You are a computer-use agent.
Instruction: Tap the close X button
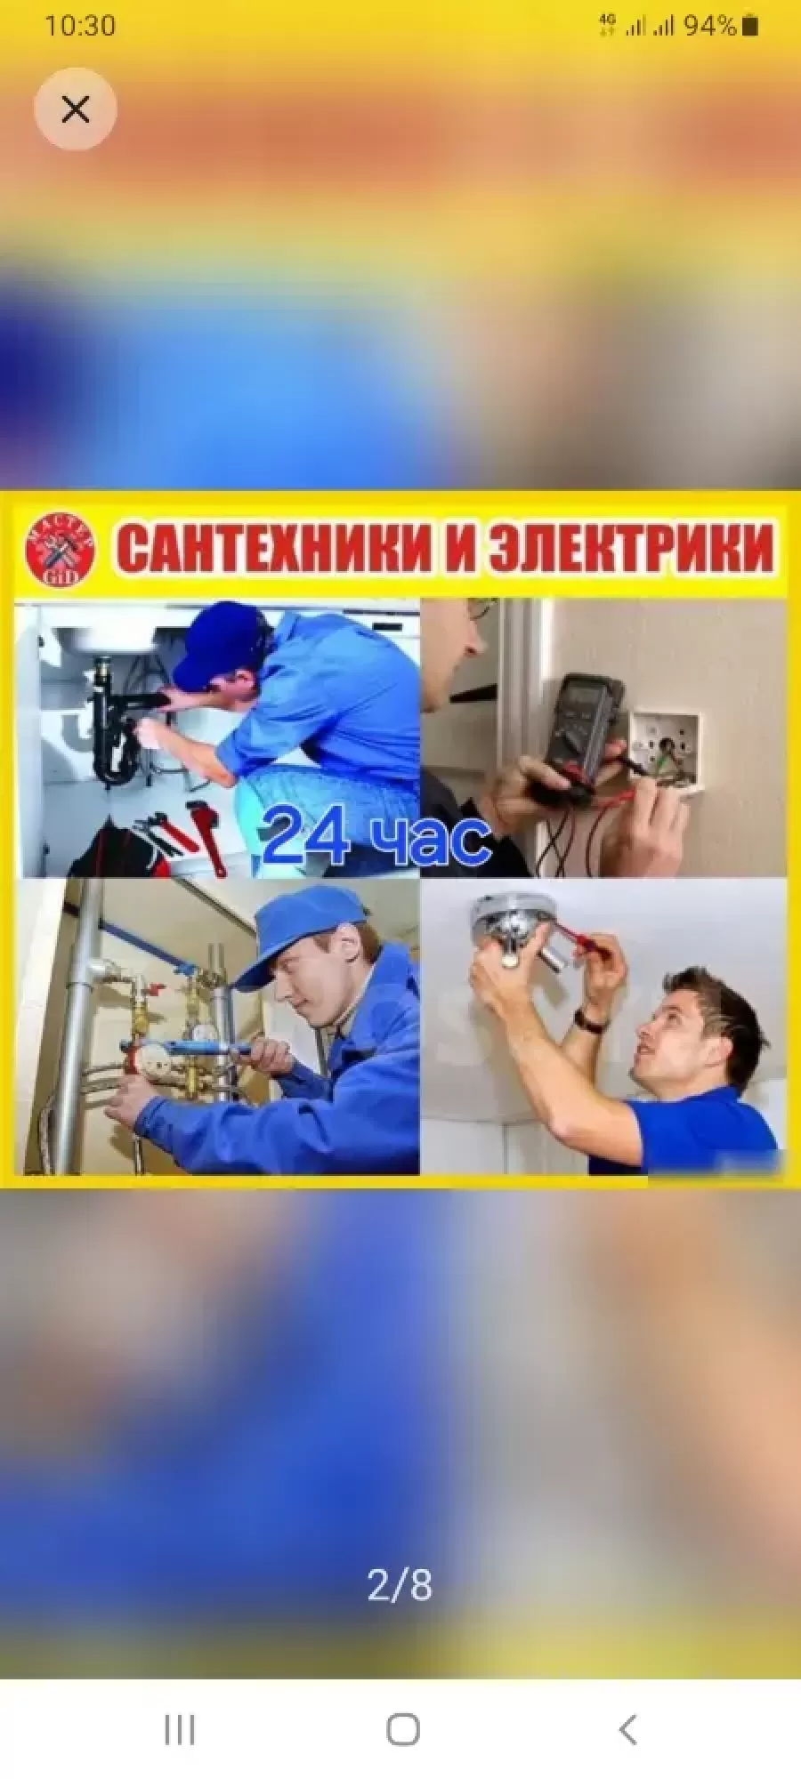pyautogui.click(x=76, y=109)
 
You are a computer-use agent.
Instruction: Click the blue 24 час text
pyautogui.click(x=376, y=835)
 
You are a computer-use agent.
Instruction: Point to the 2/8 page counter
pyautogui.click(x=400, y=1585)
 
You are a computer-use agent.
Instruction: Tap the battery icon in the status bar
pyautogui.click(x=749, y=25)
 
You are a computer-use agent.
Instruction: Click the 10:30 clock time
pyautogui.click(x=80, y=25)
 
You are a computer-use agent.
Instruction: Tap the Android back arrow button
pyautogui.click(x=627, y=1730)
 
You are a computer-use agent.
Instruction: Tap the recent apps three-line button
pyautogui.click(x=179, y=1730)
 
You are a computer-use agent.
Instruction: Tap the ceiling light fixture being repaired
pyautogui.click(x=514, y=930)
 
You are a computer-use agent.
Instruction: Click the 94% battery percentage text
pyautogui.click(x=709, y=26)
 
